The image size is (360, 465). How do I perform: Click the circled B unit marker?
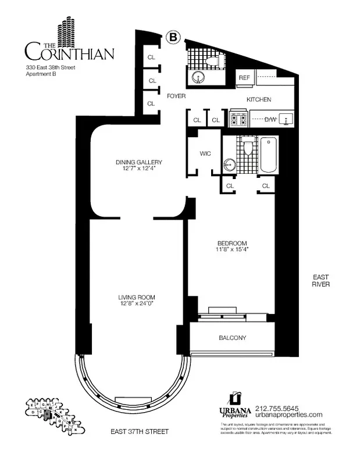click(173, 37)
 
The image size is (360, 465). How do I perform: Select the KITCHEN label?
click(259, 99)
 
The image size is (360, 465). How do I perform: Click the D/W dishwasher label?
click(270, 120)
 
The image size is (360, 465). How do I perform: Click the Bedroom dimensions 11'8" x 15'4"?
click(232, 250)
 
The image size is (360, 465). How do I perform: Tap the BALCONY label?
click(232, 338)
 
